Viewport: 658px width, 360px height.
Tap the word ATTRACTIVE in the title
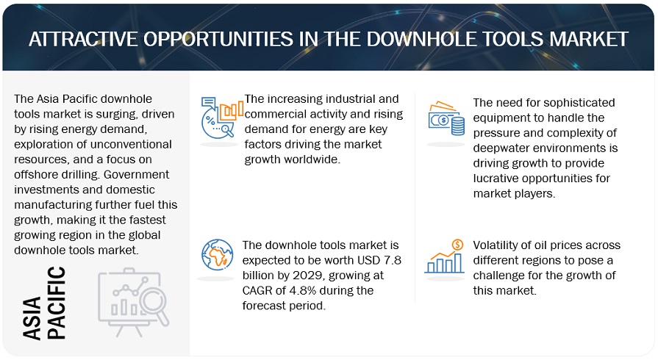tap(83, 39)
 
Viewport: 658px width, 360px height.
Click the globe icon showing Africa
tap(217, 255)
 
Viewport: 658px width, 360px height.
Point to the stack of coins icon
tap(457, 126)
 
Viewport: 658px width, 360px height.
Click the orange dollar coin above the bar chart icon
tap(457, 244)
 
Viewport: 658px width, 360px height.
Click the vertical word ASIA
tap(32, 317)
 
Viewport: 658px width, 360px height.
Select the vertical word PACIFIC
tap(56, 303)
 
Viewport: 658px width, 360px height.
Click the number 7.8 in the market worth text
tap(393, 260)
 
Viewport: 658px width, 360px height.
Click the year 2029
tap(308, 276)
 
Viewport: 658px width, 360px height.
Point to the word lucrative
tap(498, 179)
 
